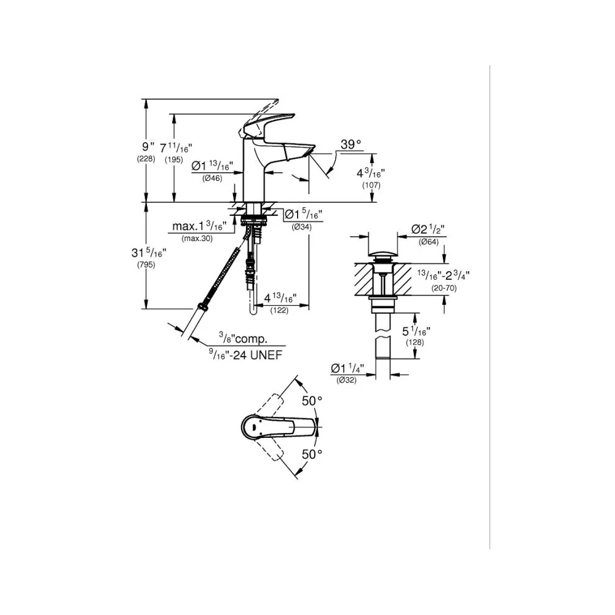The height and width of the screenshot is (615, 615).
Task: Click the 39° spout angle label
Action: coord(351,145)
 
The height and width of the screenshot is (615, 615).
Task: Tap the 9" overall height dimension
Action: coord(148,147)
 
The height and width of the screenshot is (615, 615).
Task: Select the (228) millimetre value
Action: coord(146,159)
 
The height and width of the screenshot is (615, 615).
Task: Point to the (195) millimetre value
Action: coord(174,160)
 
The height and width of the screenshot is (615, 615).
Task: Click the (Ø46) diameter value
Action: coord(212,178)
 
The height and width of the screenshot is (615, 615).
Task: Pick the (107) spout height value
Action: coord(371,185)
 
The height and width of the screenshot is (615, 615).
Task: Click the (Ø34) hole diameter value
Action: coord(301,226)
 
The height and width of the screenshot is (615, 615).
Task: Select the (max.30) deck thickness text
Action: coord(197,238)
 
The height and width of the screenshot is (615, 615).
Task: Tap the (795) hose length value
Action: coord(146,264)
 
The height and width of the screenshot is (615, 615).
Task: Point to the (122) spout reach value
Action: coord(279,310)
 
